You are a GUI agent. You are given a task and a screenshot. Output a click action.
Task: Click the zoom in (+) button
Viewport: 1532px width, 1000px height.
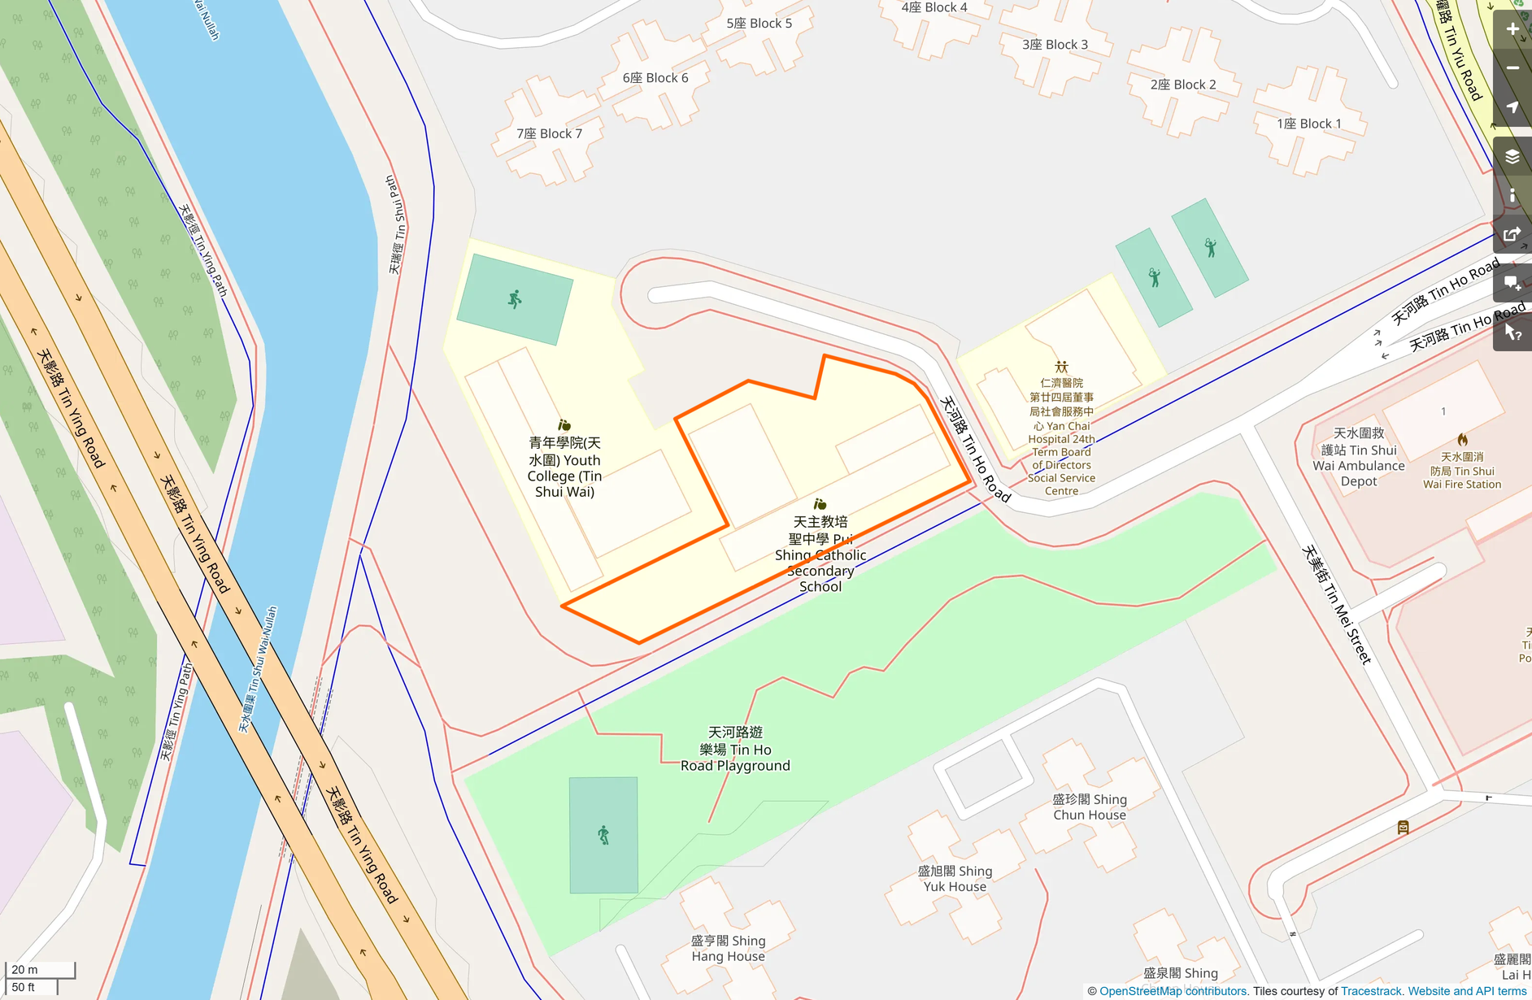point(1512,29)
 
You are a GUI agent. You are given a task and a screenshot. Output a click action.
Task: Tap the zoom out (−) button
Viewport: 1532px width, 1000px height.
point(1512,68)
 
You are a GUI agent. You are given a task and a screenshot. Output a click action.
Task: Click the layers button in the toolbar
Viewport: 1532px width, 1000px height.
point(1512,157)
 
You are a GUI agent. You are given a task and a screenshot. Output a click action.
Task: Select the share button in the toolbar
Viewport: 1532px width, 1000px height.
point(1512,235)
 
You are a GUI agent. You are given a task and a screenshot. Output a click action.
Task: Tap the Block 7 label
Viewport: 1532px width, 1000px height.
point(549,133)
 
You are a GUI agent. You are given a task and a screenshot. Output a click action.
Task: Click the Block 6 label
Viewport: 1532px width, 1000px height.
point(655,78)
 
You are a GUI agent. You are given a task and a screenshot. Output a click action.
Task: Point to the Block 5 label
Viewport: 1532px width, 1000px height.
point(759,24)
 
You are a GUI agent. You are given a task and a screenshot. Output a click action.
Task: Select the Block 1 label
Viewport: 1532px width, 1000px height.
point(1308,124)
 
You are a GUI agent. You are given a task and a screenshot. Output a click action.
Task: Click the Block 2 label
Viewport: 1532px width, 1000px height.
point(1183,85)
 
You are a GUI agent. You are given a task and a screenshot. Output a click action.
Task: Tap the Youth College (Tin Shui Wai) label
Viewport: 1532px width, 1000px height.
point(564,467)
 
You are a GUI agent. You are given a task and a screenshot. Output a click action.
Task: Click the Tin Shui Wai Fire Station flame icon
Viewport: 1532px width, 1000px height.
point(1462,440)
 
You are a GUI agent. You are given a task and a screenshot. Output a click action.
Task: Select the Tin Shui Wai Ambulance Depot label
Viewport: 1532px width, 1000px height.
point(1359,457)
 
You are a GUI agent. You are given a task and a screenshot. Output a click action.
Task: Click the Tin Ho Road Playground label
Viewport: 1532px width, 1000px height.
point(735,749)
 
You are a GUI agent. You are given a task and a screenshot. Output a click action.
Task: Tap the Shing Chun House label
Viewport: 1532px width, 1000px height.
point(1090,807)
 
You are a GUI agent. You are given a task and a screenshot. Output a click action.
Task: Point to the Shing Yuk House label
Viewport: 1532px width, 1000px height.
point(955,879)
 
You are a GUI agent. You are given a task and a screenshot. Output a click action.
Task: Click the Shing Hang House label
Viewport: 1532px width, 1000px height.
point(728,949)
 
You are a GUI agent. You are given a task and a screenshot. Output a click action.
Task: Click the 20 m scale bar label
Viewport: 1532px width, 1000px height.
point(24,969)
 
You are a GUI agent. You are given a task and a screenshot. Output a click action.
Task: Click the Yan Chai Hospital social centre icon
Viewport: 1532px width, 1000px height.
point(1061,367)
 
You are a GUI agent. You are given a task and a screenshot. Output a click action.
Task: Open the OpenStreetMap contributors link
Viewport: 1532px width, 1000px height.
point(1173,991)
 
